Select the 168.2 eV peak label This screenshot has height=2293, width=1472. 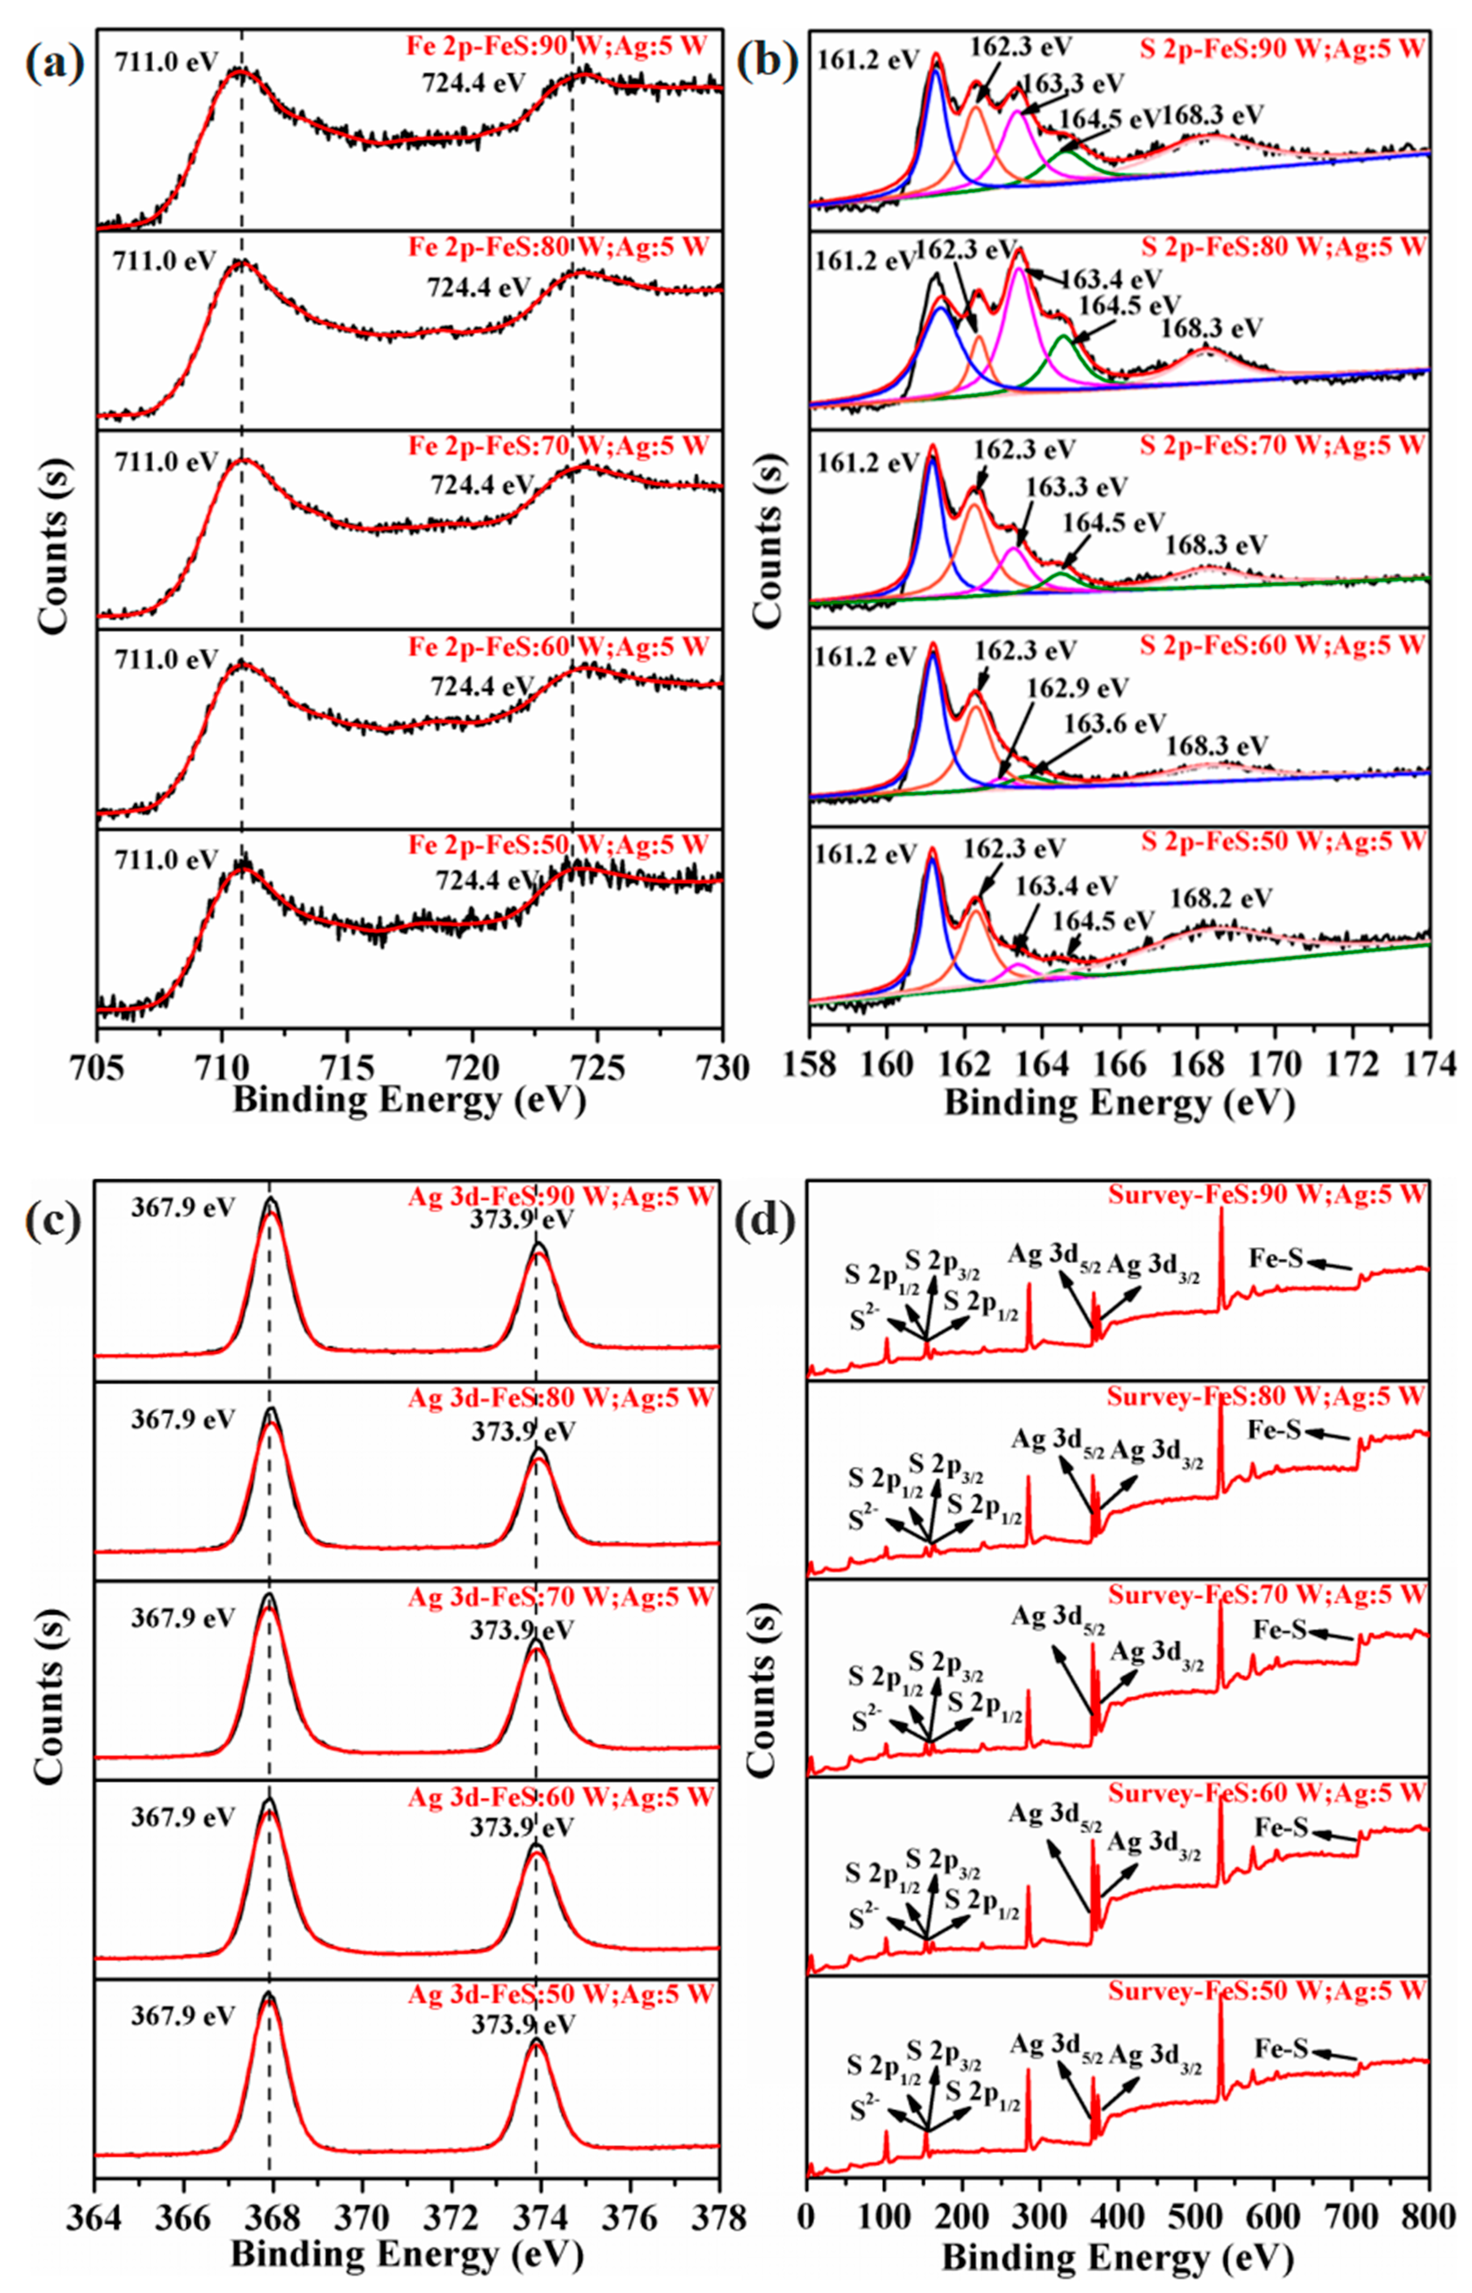coord(1221,899)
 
